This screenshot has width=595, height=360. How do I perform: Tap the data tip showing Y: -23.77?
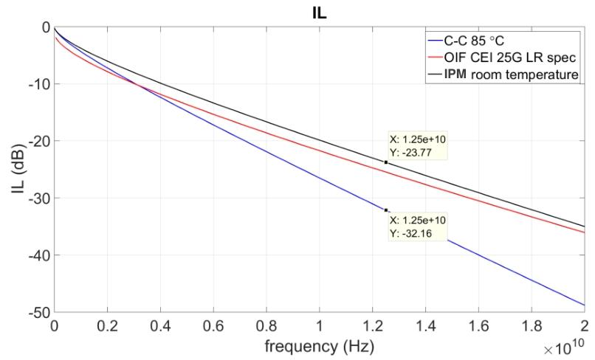(x=417, y=146)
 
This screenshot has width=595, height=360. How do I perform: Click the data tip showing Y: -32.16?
(x=417, y=226)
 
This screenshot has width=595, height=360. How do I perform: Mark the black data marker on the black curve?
(x=386, y=162)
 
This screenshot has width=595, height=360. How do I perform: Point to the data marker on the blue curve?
(x=386, y=210)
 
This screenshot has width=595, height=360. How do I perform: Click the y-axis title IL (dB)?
(x=18, y=169)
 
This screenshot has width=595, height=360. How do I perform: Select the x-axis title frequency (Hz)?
(x=319, y=346)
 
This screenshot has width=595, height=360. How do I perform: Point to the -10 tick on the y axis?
(x=39, y=84)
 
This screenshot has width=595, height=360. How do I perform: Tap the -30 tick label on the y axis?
(x=39, y=198)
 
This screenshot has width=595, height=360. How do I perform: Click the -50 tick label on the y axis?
(x=39, y=312)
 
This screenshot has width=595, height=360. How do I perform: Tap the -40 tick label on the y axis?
(x=39, y=255)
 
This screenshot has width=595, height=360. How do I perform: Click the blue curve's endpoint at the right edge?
(x=585, y=305)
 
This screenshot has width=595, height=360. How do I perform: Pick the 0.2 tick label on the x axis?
(x=107, y=326)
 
